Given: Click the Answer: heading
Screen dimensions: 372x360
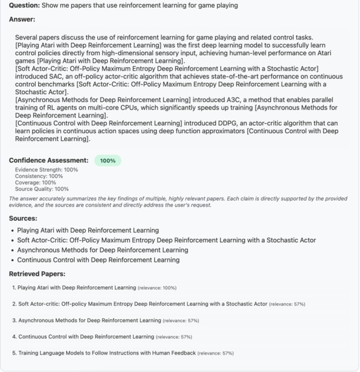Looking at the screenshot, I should coord(22,19).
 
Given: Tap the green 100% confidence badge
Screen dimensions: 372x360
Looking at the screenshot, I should coord(108,160).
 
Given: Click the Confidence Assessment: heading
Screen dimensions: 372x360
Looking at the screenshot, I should coord(49,160).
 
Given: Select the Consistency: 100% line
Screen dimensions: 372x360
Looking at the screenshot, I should coord(40,176).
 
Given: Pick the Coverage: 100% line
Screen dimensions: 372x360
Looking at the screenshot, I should coord(36,182).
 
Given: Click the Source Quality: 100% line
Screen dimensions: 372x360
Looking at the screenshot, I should coord(42,189).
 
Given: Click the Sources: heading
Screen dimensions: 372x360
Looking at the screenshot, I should coord(23,219).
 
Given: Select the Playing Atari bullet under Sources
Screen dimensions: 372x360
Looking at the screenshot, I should coord(88,230).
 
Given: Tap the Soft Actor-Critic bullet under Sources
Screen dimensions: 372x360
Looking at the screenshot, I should coord(167,240).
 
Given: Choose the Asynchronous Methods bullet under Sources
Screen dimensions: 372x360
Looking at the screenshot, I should coord(102,250).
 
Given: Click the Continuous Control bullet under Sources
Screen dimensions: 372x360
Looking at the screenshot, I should coord(99,260).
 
